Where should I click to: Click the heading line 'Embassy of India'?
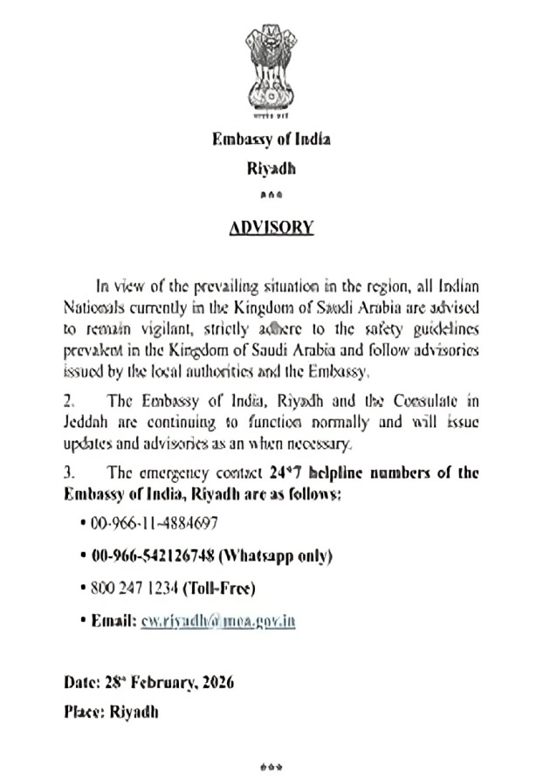click(271, 138)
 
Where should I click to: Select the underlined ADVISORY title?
click(271, 227)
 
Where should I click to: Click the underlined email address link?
click(217, 620)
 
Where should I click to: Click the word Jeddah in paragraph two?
click(86, 423)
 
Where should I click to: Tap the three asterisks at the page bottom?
click(272, 766)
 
